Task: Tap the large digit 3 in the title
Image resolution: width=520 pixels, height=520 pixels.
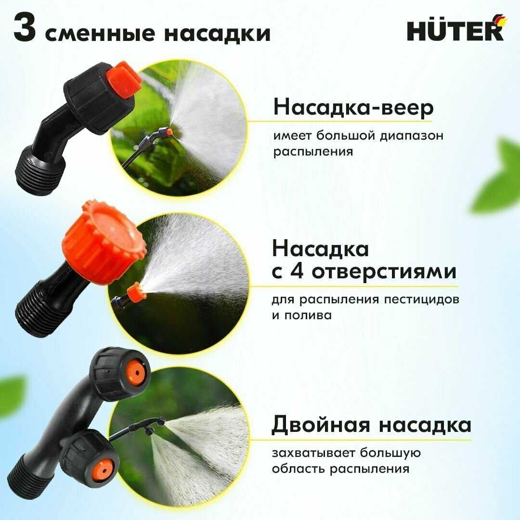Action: [x=25, y=28]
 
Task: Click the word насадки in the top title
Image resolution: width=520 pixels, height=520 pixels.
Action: [x=217, y=34]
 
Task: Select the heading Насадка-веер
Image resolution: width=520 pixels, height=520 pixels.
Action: [x=353, y=107]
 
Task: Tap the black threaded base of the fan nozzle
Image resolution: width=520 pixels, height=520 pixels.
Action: [x=40, y=172]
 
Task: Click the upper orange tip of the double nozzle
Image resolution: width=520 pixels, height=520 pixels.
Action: [x=136, y=373]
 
